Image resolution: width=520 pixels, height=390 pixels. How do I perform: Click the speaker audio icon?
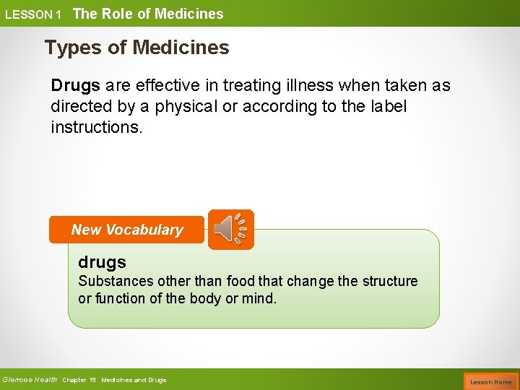coord(231,230)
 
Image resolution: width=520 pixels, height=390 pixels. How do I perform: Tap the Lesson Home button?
coord(490,381)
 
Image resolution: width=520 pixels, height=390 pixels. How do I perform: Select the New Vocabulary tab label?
coord(127,230)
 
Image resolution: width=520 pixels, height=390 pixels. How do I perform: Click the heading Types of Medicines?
coord(136,48)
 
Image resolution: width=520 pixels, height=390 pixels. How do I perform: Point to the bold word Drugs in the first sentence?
coord(75,85)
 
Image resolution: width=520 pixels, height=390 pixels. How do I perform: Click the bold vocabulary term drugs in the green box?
coord(102,262)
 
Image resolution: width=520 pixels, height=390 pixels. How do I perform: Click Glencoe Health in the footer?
coord(30,380)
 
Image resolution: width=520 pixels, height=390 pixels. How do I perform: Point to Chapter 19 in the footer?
coord(79,380)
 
